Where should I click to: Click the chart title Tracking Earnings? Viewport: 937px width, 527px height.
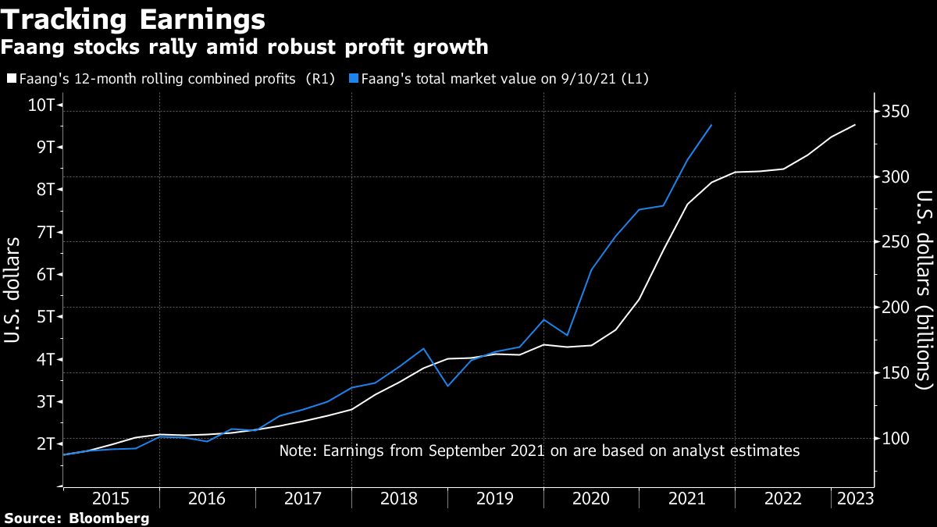click(x=134, y=17)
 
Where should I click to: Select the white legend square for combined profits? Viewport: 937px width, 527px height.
click(x=11, y=79)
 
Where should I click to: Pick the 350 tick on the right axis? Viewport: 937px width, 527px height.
click(x=894, y=112)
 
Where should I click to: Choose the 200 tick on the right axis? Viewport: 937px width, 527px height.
click(x=894, y=308)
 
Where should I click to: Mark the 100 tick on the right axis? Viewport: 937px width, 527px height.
click(x=894, y=438)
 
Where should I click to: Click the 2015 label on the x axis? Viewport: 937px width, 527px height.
click(x=110, y=498)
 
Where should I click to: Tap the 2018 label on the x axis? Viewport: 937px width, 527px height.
click(x=399, y=498)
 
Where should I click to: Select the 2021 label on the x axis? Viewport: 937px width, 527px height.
click(x=687, y=498)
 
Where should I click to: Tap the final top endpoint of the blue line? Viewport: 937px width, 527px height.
click(x=711, y=125)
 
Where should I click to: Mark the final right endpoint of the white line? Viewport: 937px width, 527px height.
click(x=856, y=125)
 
